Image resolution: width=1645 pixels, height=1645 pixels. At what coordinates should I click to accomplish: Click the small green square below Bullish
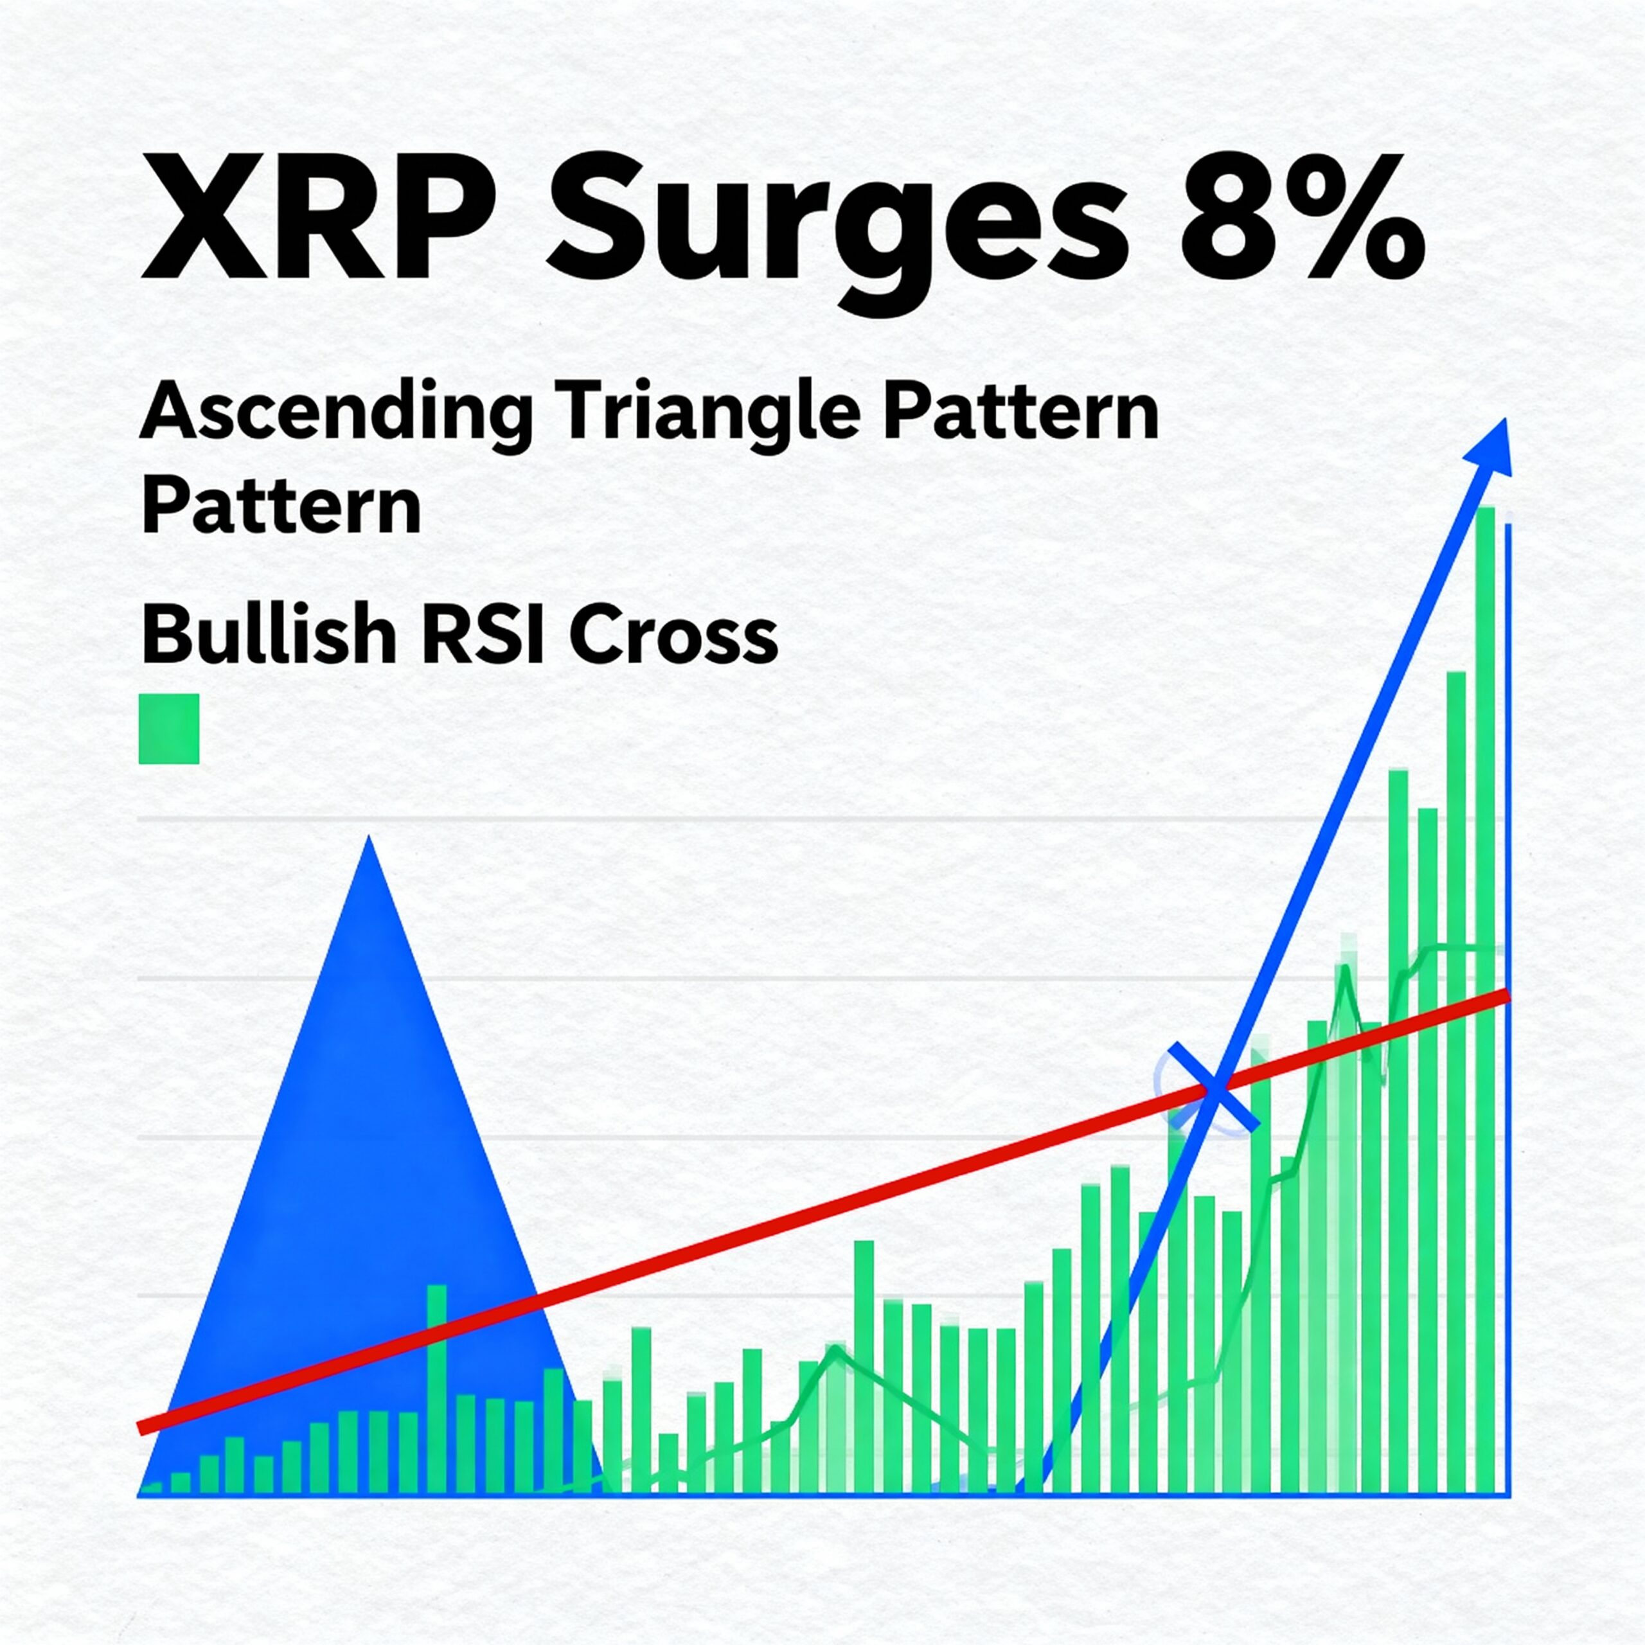click(x=168, y=728)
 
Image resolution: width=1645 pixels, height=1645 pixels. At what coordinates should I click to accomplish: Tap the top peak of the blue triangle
click(x=369, y=838)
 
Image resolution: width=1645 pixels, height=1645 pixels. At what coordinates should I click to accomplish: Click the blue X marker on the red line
click(x=1213, y=1087)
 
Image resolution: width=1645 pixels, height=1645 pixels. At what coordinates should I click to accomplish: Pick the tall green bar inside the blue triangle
click(x=436, y=1401)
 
